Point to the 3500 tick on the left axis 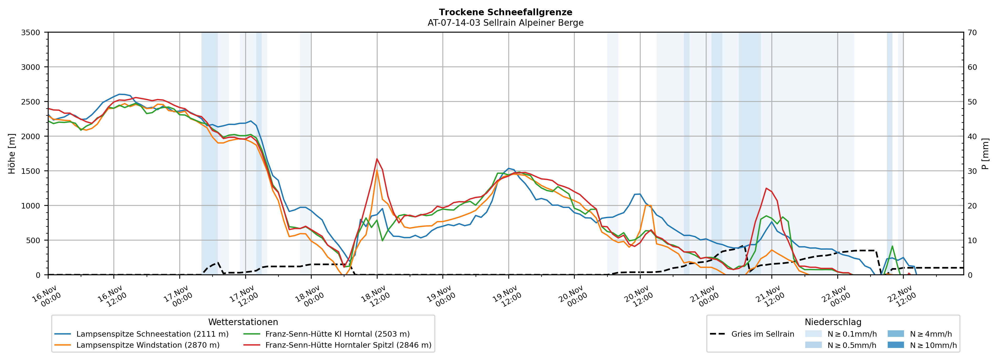pos(31,33)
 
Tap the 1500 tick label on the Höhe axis pos(31,171)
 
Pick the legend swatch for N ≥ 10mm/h pos(895,345)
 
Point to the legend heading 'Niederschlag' pos(833,322)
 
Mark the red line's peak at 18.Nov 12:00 pos(377,159)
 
